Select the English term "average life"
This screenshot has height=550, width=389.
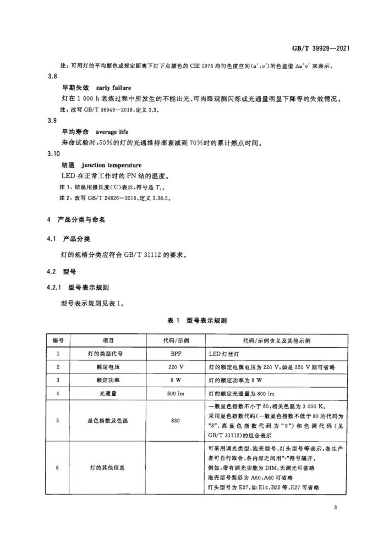click(x=116, y=133)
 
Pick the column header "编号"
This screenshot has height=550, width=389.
click(x=58, y=341)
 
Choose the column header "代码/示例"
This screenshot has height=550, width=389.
click(x=176, y=341)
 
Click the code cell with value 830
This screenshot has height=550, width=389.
click(x=176, y=421)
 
